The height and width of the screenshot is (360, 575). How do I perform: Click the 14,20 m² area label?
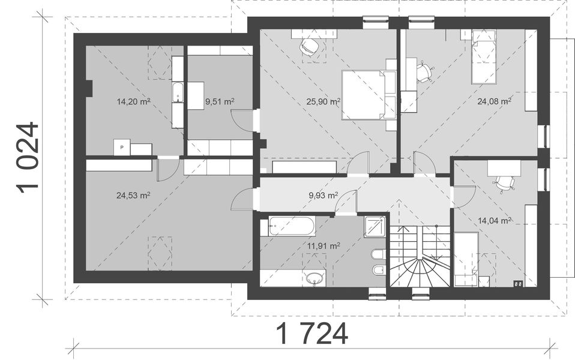click(133, 101)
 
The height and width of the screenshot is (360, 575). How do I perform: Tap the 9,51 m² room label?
click(220, 101)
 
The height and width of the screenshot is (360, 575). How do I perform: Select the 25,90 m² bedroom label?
click(324, 101)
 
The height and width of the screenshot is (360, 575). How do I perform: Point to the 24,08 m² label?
click(495, 101)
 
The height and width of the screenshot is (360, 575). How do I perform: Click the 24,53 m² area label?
click(133, 195)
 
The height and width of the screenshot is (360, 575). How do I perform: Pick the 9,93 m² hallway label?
click(324, 195)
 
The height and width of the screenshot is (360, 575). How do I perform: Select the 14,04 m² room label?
click(495, 220)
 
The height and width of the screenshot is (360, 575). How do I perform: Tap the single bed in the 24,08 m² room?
click(483, 57)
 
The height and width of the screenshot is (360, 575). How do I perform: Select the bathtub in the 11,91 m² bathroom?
click(292, 226)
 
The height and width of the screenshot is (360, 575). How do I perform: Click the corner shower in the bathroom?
click(375, 227)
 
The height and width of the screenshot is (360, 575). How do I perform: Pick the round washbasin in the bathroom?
click(315, 278)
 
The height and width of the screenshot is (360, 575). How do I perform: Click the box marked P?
click(122, 148)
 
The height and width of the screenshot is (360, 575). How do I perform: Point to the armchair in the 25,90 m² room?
click(309, 47)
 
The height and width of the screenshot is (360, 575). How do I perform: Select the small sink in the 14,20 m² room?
click(178, 93)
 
